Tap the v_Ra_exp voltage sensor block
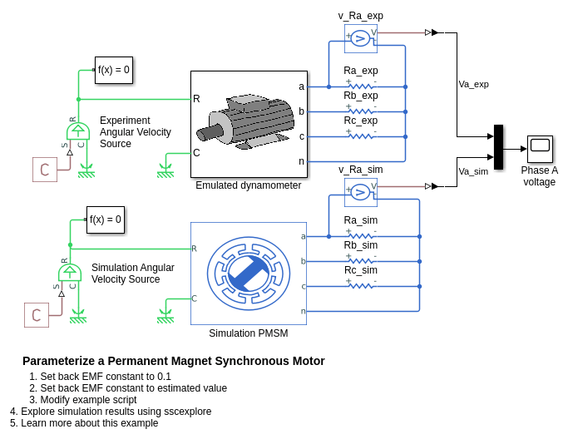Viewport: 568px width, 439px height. coord(360,38)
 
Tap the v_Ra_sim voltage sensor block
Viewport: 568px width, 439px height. coord(360,192)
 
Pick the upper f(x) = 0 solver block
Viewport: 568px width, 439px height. coord(114,70)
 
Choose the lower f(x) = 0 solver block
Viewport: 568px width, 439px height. coord(106,219)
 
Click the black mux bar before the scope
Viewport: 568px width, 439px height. coord(498,147)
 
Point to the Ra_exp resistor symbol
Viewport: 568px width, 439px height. coord(361,86)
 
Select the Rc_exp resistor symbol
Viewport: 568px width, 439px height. coord(361,136)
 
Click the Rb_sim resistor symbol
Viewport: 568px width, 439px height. coord(361,261)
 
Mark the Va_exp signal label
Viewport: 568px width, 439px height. coord(473,84)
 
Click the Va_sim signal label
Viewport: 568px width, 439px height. coord(473,171)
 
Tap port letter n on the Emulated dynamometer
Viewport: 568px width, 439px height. coord(301,161)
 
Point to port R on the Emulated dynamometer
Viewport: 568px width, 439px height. coord(196,99)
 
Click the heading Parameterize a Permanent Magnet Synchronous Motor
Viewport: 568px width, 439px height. coord(173,361)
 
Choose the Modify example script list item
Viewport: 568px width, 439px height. coord(88,399)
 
